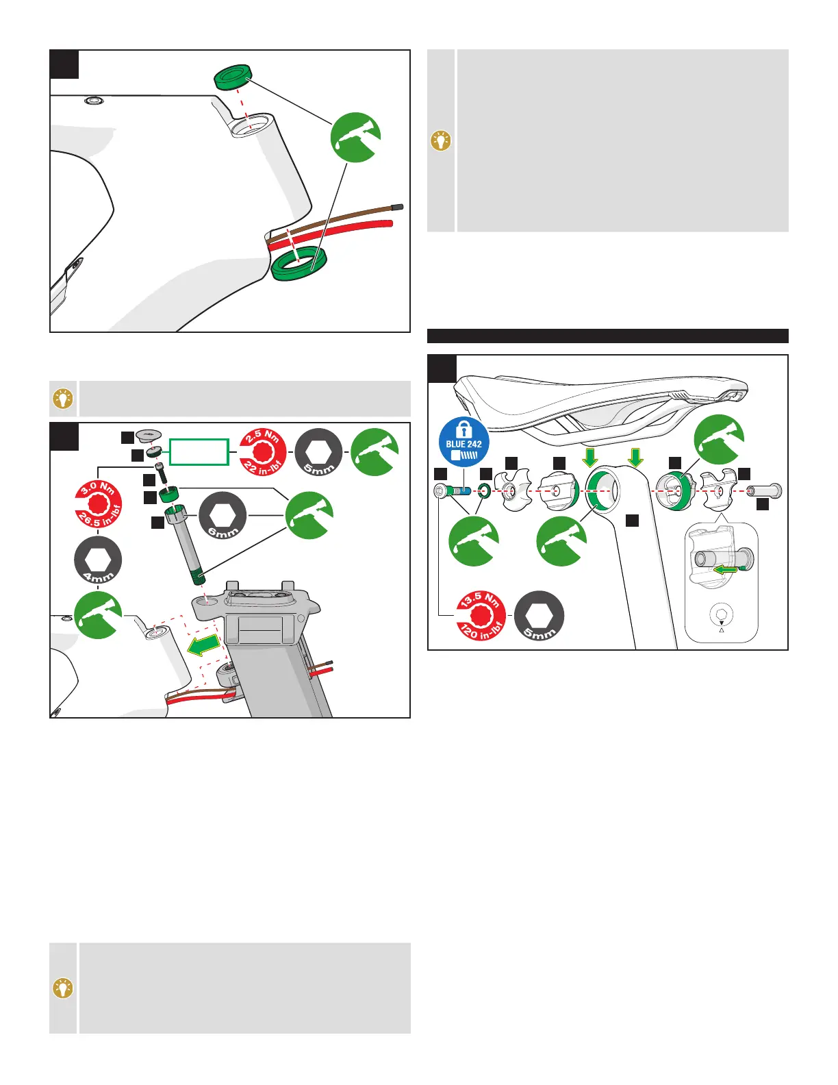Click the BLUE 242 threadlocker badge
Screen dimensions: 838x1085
point(464,443)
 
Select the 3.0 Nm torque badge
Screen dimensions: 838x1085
point(99,506)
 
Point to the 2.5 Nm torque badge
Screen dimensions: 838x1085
point(264,452)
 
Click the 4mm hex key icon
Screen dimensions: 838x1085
point(98,562)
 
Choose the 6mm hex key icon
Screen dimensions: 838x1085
point(223,515)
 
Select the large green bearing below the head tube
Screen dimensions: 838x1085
point(299,264)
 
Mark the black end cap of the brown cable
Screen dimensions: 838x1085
point(397,207)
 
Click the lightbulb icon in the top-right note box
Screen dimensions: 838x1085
point(442,141)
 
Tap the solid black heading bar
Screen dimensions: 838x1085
point(607,336)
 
